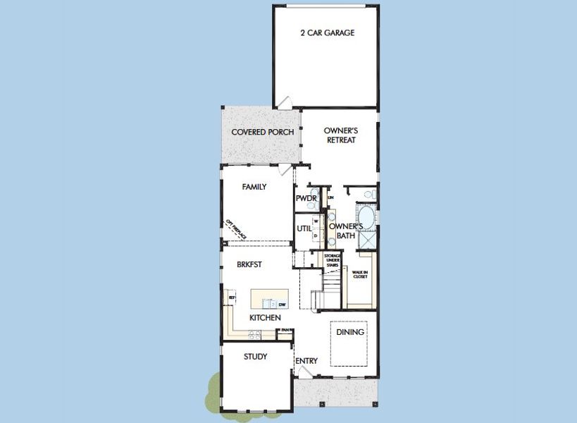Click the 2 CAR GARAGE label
pyautogui.click(x=327, y=33)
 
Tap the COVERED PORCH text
pyautogui.click(x=263, y=132)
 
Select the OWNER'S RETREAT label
pyautogui.click(x=340, y=135)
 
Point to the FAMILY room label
pyautogui.click(x=254, y=188)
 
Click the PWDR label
pyautogui.click(x=305, y=199)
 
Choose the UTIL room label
pyautogui.click(x=304, y=228)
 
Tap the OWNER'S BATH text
pyautogui.click(x=345, y=231)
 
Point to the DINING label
pyautogui.click(x=349, y=332)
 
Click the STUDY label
pyautogui.click(x=255, y=357)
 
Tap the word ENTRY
pyautogui.click(x=306, y=361)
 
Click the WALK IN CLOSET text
pyautogui.click(x=360, y=274)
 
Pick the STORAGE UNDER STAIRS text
pyautogui.click(x=333, y=259)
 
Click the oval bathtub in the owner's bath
pyautogui.click(x=366, y=214)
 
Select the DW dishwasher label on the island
pyautogui.click(x=282, y=304)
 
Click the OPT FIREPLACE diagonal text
pyautogui.click(x=235, y=230)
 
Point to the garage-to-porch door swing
pyautogui.click(x=284, y=104)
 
